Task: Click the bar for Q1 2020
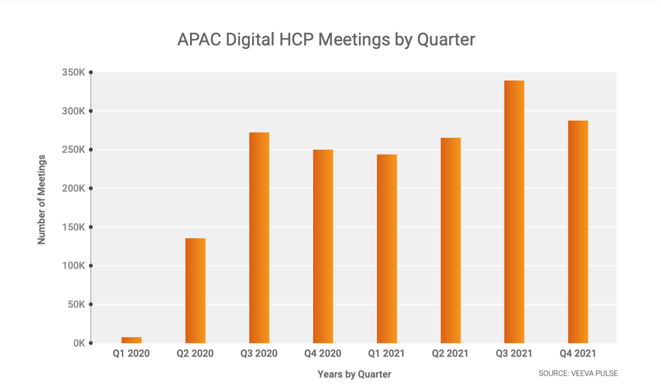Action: pos(132,340)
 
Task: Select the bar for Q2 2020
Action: pos(195,291)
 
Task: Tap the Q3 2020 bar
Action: pos(259,237)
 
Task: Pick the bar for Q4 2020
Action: pos(323,246)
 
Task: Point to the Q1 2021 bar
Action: pos(387,249)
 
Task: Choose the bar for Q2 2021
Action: pos(451,240)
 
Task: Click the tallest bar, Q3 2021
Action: pos(514,212)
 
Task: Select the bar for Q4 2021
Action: pos(578,232)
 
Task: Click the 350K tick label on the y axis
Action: pos(73,72)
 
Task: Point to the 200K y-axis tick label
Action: pos(73,188)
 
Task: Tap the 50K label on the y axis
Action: pos(76,304)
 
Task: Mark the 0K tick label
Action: pos(79,343)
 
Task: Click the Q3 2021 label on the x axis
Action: pos(514,354)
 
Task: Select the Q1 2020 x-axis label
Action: pos(131,354)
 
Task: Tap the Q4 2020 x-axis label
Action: pos(323,354)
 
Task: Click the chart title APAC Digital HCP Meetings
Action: pos(326,40)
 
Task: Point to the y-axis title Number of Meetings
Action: pos(41,199)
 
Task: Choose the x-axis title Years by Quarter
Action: pos(354,374)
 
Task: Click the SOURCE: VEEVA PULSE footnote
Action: pos(578,373)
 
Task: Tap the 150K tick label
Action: pos(73,227)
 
